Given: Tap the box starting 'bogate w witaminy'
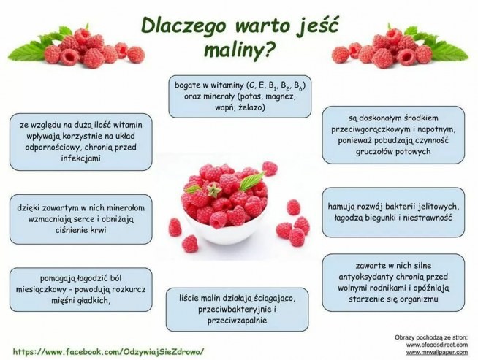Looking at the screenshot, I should pos(239,96).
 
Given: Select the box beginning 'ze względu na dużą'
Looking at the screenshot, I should pos(80,141).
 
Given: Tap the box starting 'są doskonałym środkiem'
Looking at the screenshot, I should pos(393,134).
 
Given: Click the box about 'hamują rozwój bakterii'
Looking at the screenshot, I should pos(393,211).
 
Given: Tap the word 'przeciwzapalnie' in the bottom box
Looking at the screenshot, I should pos(229,320).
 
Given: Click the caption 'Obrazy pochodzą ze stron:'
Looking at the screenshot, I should pos(434,336).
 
